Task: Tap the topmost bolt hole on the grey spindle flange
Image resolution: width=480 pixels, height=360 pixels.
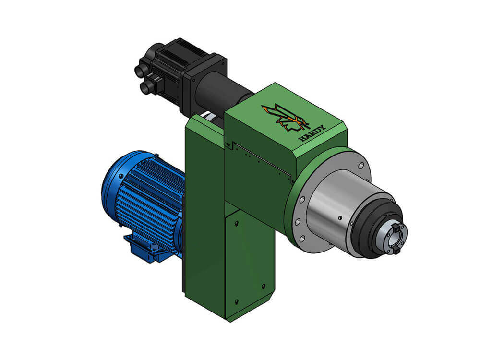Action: pyautogui.click(x=361, y=166)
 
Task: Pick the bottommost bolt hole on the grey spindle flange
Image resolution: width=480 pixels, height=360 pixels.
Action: pyautogui.click(x=302, y=239)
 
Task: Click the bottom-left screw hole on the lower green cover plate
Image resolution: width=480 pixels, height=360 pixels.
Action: pyautogui.click(x=236, y=302)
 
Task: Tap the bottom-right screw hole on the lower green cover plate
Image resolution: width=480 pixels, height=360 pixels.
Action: pyautogui.click(x=263, y=287)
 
